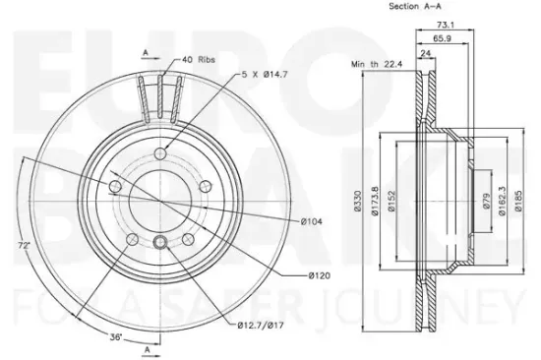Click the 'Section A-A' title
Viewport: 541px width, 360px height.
tap(415, 6)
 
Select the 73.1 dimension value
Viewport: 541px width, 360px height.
tap(446, 25)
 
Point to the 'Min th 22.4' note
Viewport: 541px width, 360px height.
tap(377, 64)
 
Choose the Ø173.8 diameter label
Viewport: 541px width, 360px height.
tap(375, 201)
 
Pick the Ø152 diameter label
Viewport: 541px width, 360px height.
tap(391, 201)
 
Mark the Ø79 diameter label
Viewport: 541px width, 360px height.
tap(486, 201)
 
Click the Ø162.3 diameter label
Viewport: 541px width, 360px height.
tap(502, 201)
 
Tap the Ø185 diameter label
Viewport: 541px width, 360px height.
tap(518, 201)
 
